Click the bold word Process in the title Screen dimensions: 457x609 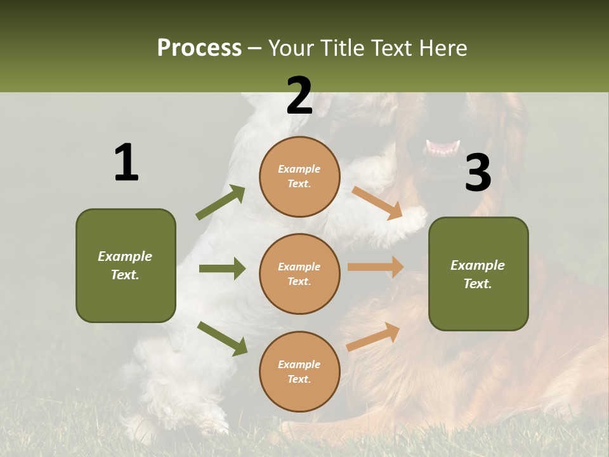tap(199, 48)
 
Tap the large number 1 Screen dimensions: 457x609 tap(126, 163)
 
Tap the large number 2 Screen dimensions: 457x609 tap(299, 96)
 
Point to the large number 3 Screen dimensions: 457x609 tap(478, 173)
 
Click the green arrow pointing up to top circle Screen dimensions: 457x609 tap(220, 202)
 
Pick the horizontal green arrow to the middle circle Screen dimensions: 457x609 tap(222, 268)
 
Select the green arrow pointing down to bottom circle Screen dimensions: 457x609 tap(222, 338)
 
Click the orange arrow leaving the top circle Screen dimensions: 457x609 tap(377, 202)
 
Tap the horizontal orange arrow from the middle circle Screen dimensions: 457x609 tap(376, 267)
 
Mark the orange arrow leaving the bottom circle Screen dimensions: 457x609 tap(374, 336)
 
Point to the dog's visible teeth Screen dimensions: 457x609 tap(443, 148)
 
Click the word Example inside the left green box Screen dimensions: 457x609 tap(125, 256)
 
